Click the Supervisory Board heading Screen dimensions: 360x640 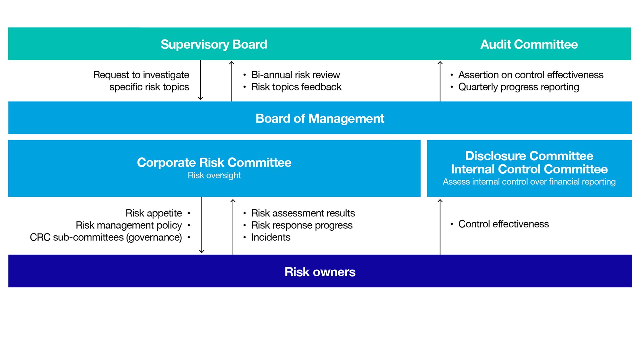pyautogui.click(x=214, y=44)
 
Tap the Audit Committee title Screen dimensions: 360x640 pyautogui.click(x=529, y=44)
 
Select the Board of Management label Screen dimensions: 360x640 pyautogui.click(x=320, y=118)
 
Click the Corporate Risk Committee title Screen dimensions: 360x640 pyautogui.click(x=214, y=162)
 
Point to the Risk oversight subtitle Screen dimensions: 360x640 pyautogui.click(x=214, y=175)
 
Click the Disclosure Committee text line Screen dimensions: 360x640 pyautogui.click(x=529, y=156)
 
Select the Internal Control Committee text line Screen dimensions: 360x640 pyautogui.click(x=529, y=169)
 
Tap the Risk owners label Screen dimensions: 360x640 pyautogui.click(x=320, y=272)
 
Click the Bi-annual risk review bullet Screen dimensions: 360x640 pyautogui.click(x=295, y=75)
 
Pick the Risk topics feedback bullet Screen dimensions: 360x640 pyautogui.click(x=296, y=87)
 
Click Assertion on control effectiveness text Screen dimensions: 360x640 pyautogui.click(x=531, y=75)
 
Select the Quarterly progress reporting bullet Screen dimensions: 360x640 pyautogui.click(x=518, y=87)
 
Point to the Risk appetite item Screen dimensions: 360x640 pyautogui.click(x=154, y=213)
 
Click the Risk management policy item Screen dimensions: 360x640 pyautogui.click(x=129, y=225)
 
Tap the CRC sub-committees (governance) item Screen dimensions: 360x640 pyautogui.click(x=106, y=237)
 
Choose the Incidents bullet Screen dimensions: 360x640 pyautogui.click(x=271, y=237)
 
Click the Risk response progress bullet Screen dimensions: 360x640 pyautogui.click(x=302, y=225)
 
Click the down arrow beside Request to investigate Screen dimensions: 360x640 pyautogui.click(x=200, y=80)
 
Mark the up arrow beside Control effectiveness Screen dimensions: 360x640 pyautogui.click(x=440, y=227)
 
